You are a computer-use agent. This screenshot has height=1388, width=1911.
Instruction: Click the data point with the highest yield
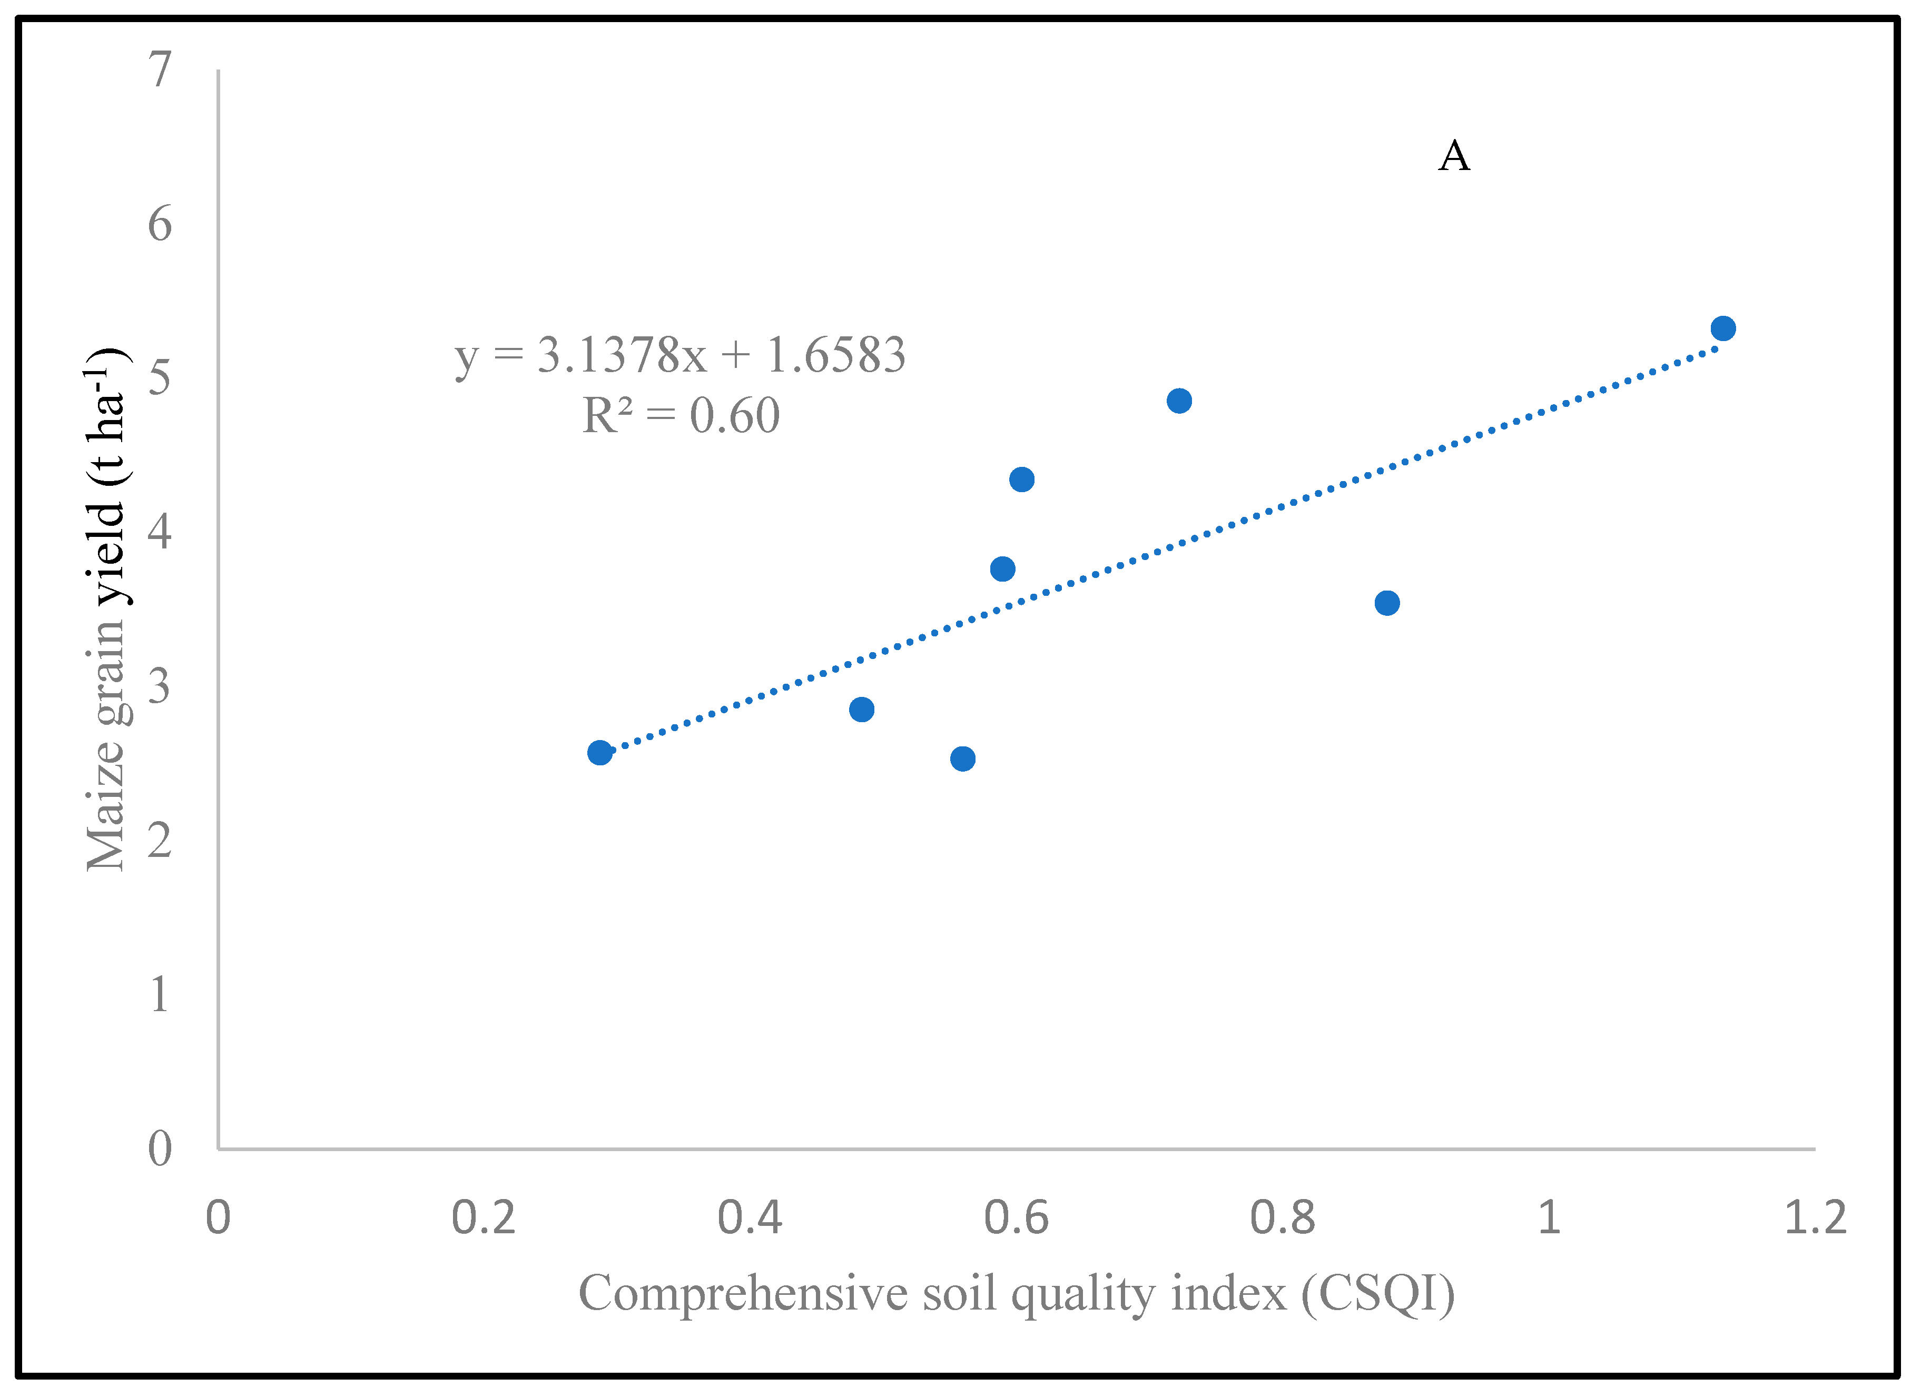1723,328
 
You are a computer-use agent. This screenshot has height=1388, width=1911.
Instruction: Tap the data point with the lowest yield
963,759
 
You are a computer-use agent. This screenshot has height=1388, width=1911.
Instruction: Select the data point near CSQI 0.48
862,709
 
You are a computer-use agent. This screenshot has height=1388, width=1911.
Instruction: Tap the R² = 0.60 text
681,416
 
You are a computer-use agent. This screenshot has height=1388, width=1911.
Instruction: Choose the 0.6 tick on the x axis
1016,1218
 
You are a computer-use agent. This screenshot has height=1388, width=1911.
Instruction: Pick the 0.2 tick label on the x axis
484,1218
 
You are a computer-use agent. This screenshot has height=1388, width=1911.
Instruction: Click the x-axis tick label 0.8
1283,1218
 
